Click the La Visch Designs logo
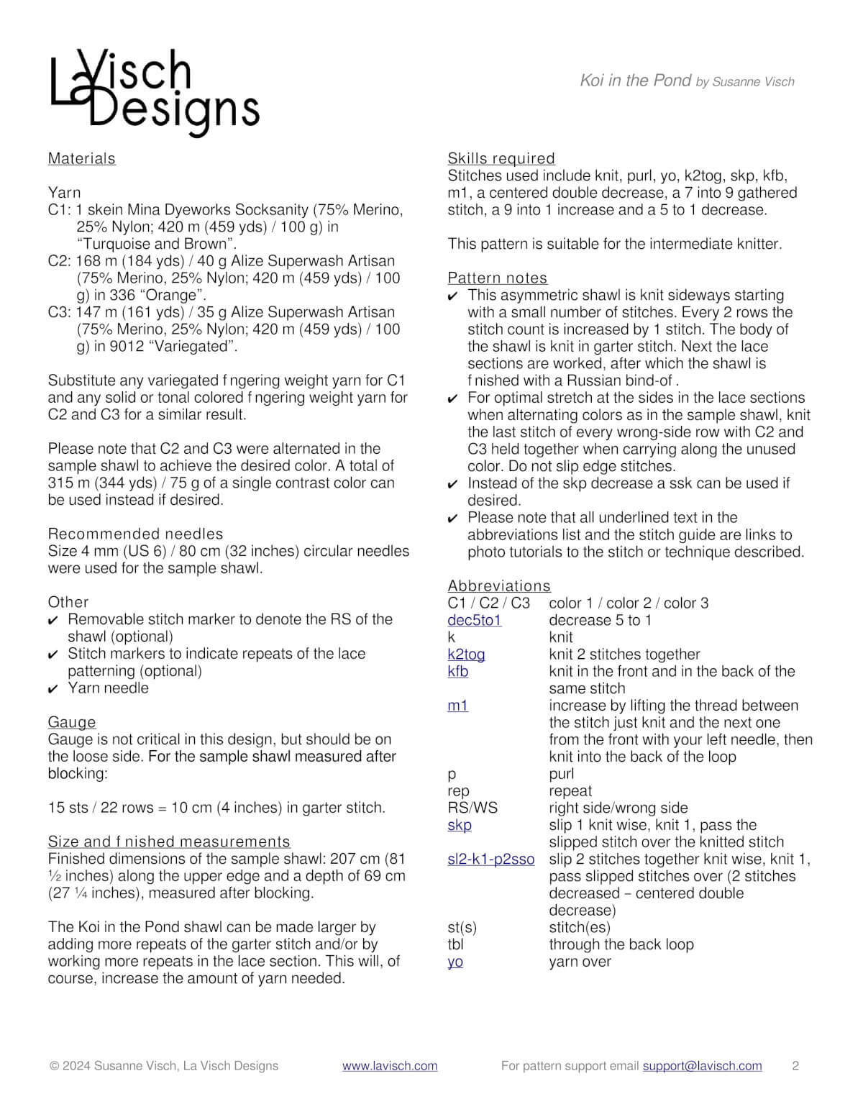tap(154, 92)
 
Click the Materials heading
tap(81, 158)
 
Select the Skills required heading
tap(501, 158)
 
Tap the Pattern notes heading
tap(497, 278)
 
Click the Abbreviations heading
tap(498, 585)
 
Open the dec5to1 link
tap(474, 620)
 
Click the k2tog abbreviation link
tap(466, 654)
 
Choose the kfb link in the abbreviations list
tap(457, 671)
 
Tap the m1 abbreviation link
tap(457, 706)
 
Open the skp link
tap(460, 825)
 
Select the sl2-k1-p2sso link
tap(490, 859)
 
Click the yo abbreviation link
tap(455, 962)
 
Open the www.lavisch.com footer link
tap(389, 1066)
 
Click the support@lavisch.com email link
tap(702, 1066)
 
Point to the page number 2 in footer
tap(795, 1066)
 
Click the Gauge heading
tap(72, 721)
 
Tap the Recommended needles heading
tap(135, 534)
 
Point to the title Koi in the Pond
tap(635, 81)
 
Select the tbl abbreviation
tap(455, 944)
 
